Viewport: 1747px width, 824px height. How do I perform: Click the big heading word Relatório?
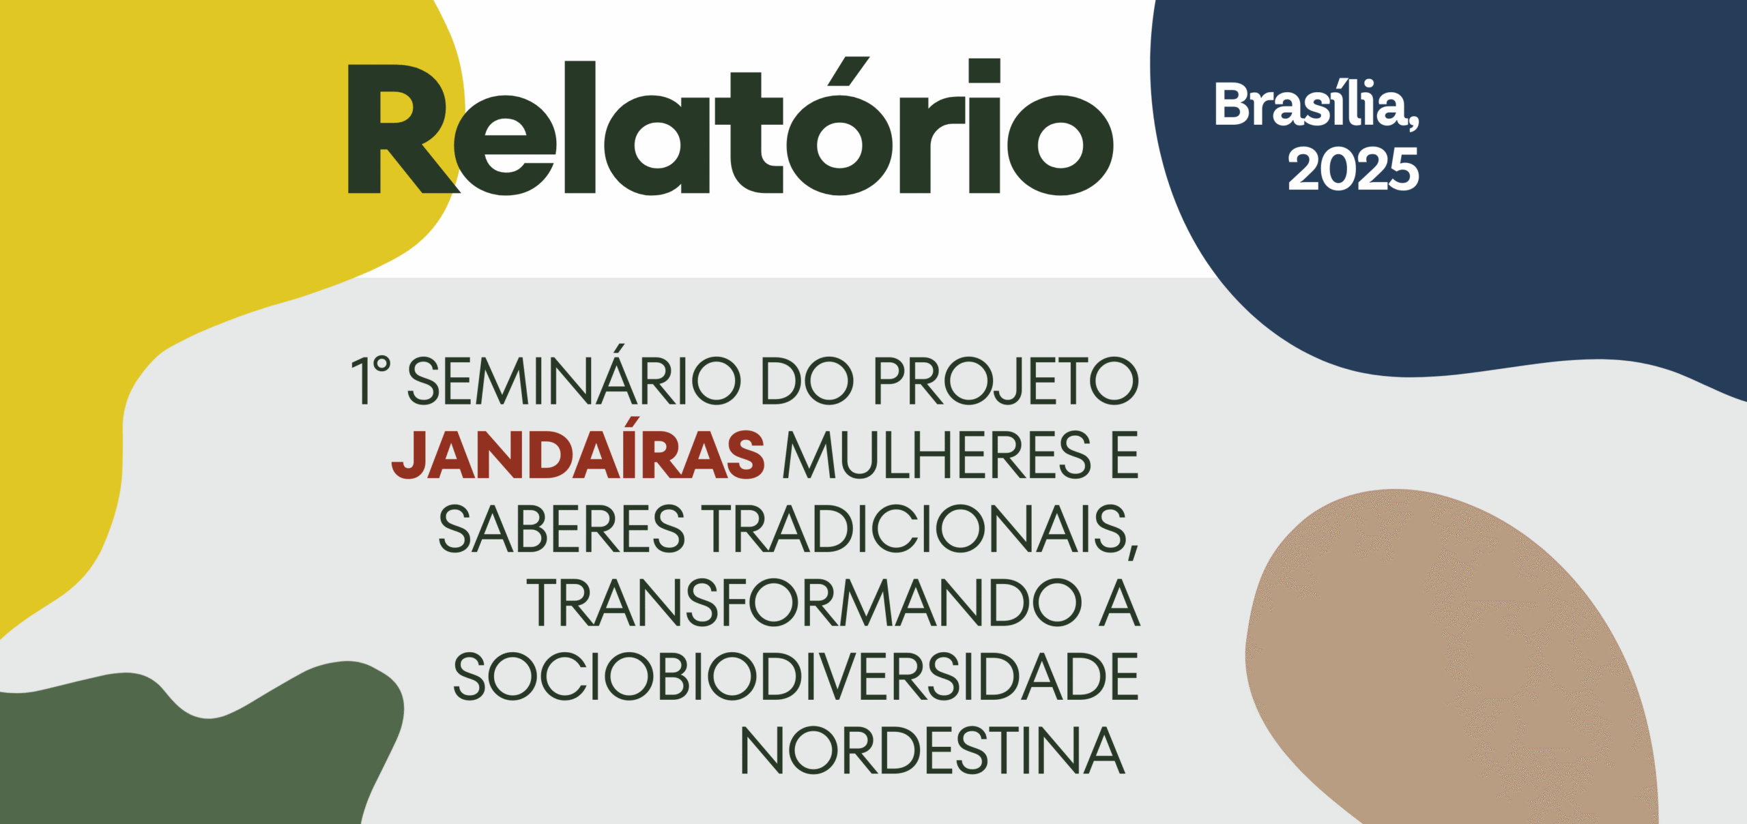731,126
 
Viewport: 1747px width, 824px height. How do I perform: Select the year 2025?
1353,169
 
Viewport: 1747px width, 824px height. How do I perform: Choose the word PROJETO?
1007,381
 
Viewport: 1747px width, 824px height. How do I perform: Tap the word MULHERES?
937,455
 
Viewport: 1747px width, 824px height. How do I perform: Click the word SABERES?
561,529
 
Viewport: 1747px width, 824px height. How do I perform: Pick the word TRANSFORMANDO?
805,603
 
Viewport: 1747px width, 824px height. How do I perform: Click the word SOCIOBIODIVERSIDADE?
796,677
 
